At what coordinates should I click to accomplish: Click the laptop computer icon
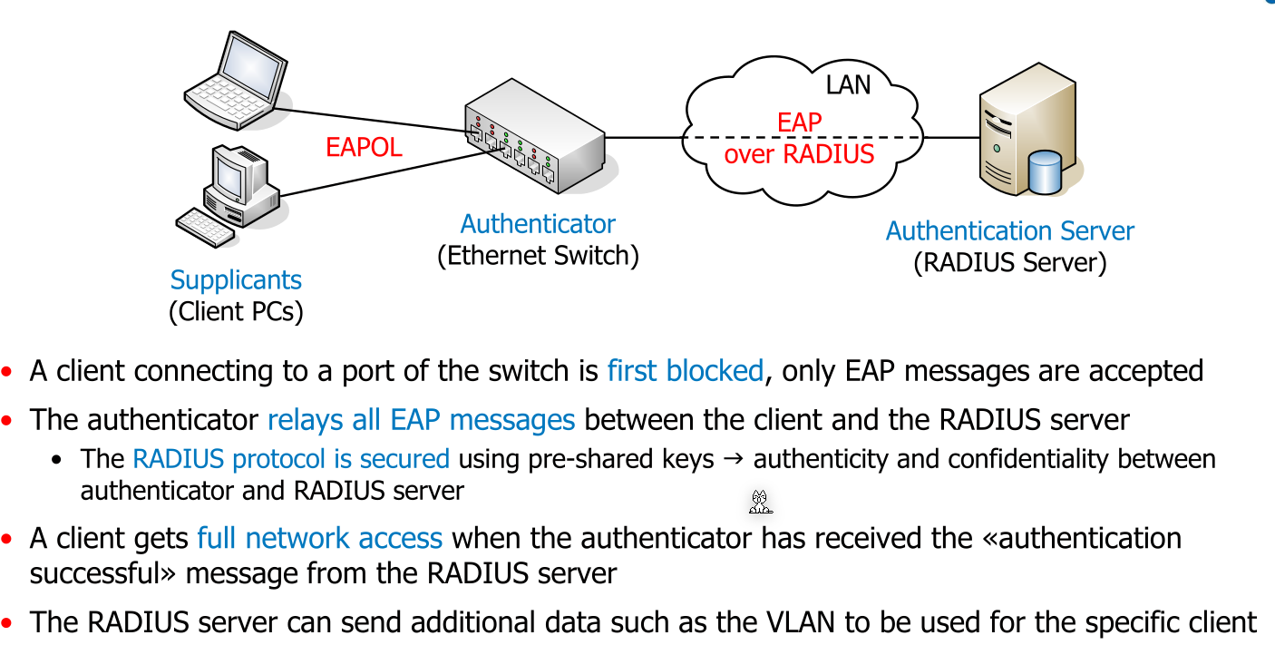click(236, 79)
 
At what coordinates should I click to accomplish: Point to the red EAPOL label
click(364, 148)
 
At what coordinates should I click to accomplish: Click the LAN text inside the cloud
click(848, 85)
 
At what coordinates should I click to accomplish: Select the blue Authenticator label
click(538, 224)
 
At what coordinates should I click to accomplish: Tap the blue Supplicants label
click(236, 280)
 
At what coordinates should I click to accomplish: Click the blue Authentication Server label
click(1009, 231)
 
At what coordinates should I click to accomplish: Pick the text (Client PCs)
click(236, 312)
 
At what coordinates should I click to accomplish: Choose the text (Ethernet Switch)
click(538, 256)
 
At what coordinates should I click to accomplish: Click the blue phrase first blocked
click(686, 371)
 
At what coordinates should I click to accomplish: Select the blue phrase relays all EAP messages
click(421, 420)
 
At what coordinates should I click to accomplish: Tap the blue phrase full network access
click(319, 538)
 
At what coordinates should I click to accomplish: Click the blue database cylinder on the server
click(1045, 173)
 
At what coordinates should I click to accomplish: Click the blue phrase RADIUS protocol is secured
click(291, 459)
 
